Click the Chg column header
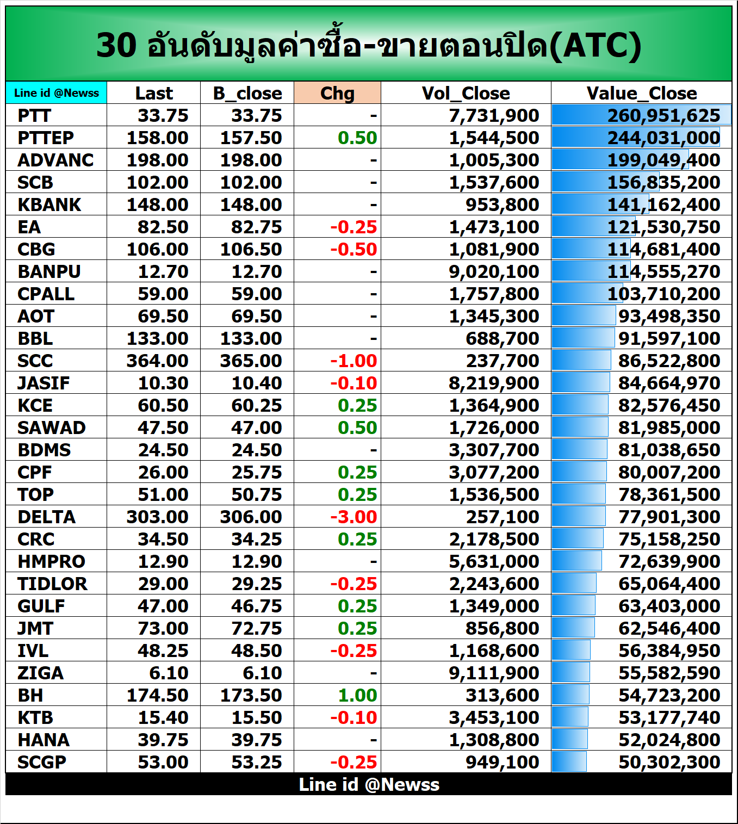337,93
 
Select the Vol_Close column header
466,93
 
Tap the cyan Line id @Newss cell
57,93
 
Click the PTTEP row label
46,138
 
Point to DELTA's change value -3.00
354,517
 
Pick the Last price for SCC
157,361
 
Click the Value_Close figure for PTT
663,116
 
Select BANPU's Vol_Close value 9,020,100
494,272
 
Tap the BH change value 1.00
357,696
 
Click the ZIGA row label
41,673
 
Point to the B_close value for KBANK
251,205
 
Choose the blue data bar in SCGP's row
569,762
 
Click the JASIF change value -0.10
354,383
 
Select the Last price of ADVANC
157,160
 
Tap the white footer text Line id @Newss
369,784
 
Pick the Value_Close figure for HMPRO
669,562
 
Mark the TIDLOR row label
52,584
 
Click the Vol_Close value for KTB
494,718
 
